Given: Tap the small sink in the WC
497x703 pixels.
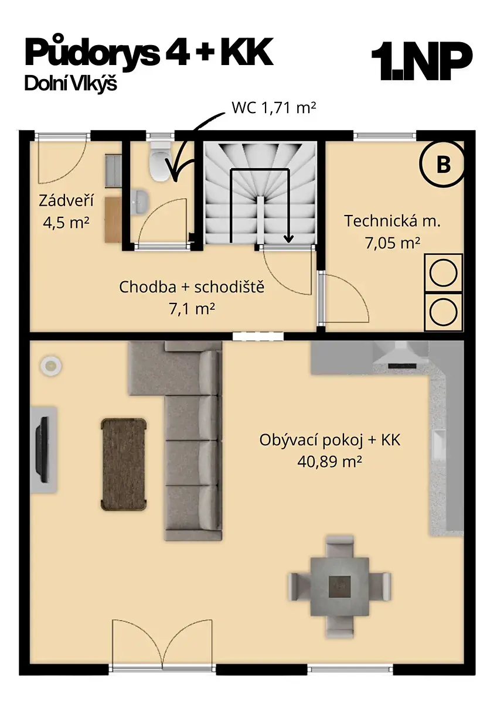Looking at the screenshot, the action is coord(139,203).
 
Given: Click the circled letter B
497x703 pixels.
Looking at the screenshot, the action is coord(442,165).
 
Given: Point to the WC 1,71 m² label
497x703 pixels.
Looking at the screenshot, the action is coord(274,108).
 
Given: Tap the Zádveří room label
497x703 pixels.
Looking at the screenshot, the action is coord(66,201).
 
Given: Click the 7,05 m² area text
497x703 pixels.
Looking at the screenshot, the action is coord(393,243).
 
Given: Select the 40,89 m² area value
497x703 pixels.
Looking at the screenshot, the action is coord(329,462).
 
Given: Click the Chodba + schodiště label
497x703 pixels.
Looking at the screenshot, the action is coord(192,287).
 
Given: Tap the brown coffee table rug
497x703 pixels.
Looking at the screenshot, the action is coord(124,465).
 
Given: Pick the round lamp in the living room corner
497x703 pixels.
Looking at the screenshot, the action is coord(50,366).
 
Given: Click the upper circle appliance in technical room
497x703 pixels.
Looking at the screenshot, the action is coord(443,273).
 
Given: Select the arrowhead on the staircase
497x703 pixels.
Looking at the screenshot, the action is coord(288,239).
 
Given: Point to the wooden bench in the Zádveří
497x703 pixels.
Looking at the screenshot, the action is coord(113,219).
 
